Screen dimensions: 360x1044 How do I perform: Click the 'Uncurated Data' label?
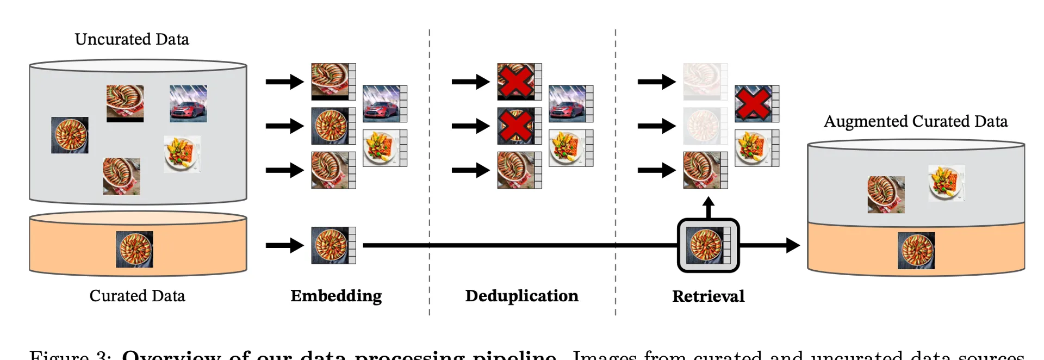tap(132, 39)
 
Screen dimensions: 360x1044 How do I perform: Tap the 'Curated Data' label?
tap(137, 296)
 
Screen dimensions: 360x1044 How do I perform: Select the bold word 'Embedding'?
tap(336, 296)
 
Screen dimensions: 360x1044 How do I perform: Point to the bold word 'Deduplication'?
tap(521, 296)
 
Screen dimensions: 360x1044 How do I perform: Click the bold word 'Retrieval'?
tap(708, 296)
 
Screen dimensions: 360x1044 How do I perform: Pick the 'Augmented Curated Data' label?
tap(916, 121)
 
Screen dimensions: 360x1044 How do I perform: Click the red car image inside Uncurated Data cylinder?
tap(188, 103)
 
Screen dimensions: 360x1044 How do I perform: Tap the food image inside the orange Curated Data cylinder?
tap(134, 249)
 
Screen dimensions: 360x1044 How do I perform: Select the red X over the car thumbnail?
tap(753, 103)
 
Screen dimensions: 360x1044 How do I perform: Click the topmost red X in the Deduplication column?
tap(516, 82)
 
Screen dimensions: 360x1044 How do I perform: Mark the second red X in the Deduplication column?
tap(516, 126)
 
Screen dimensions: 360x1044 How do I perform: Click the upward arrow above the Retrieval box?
tap(708, 207)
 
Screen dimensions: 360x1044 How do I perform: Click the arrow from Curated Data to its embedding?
tap(284, 245)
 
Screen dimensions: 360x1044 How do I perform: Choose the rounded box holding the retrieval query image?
tap(708, 245)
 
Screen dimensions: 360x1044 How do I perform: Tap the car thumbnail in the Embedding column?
tap(382, 103)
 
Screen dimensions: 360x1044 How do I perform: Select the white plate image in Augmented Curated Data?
tap(946, 183)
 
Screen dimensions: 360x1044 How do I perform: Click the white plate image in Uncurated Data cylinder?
tap(182, 154)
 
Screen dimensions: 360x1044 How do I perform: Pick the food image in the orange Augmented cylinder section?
tap(916, 251)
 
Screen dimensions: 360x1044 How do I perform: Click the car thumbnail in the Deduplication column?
tap(568, 103)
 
